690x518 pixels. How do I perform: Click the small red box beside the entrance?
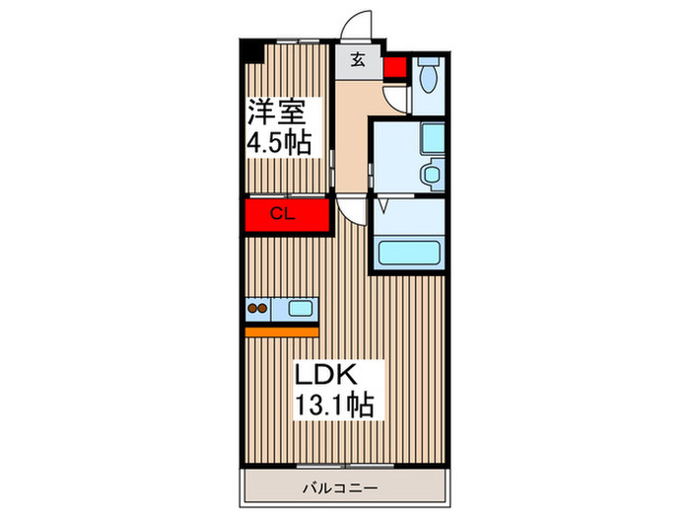pos(395,68)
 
